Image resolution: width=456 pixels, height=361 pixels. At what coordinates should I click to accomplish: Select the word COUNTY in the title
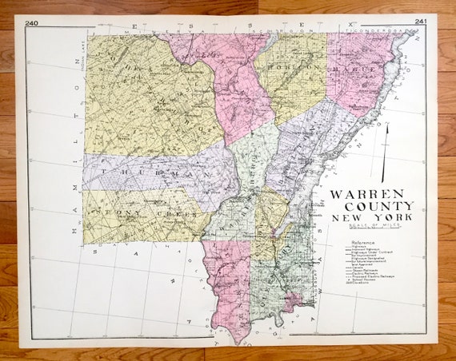[371, 206]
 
